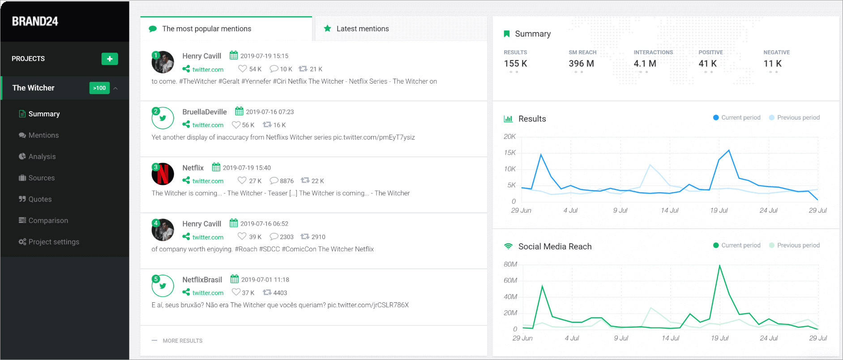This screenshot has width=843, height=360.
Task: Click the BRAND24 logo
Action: (35, 21)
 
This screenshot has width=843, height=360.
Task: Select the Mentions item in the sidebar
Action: (43, 135)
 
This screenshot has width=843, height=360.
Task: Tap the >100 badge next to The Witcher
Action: (99, 88)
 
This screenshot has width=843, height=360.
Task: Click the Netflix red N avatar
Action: (163, 174)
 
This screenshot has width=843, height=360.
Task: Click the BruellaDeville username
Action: (205, 112)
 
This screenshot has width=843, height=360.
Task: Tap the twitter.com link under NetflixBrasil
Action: (208, 293)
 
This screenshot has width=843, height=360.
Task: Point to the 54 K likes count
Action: (255, 69)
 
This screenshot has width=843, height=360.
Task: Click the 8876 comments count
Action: (287, 181)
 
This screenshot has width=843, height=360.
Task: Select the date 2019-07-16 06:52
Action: (264, 224)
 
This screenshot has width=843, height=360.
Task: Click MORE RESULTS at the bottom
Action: (183, 341)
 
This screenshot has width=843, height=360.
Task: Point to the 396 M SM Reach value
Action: (581, 64)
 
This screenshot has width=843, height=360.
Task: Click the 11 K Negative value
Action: (772, 64)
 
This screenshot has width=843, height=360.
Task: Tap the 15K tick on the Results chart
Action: (510, 153)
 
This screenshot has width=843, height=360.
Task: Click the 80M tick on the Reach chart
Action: (510, 264)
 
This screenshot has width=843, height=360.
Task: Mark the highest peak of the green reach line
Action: (719, 266)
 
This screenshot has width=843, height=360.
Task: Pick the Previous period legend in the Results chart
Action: (794, 118)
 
